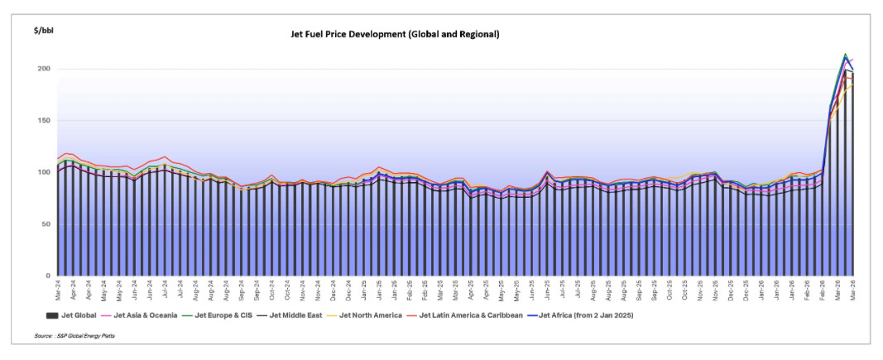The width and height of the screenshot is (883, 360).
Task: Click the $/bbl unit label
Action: coord(44,30)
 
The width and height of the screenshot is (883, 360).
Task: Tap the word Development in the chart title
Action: coord(376,34)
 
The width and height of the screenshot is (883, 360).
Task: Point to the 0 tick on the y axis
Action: coord(48,276)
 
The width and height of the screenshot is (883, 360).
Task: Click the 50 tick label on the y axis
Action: coord(46,224)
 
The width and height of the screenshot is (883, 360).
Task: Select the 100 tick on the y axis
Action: coord(43,172)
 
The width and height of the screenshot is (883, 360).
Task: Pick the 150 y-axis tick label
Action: coord(43,121)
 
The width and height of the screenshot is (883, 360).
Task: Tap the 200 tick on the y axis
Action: coord(43,69)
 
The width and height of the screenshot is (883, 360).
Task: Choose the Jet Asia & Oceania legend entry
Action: coord(132,315)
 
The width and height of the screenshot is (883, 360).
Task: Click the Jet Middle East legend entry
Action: coord(286,315)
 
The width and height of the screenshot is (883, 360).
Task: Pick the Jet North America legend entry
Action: coord(364,315)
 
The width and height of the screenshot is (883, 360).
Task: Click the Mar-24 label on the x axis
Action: coord(58,290)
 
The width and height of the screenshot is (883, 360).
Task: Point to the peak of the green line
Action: coord(844,55)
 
